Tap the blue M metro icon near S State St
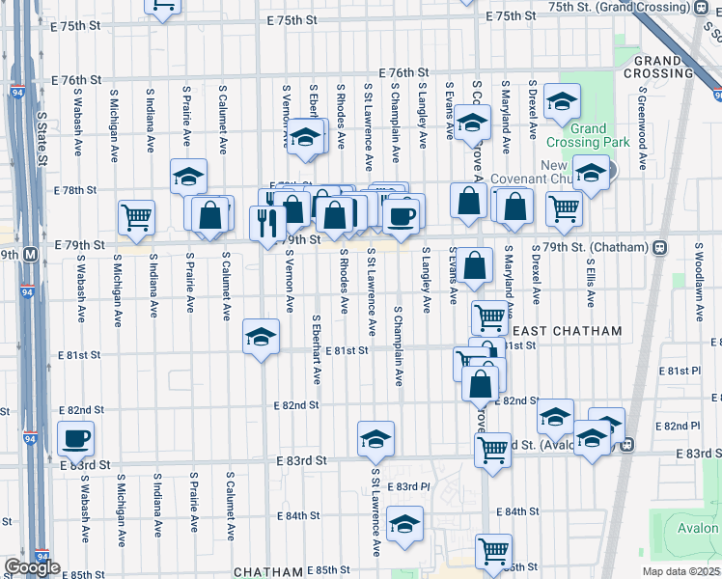pos(30,256)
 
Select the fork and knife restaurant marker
pos(266,223)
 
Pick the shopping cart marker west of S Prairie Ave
pos(137,216)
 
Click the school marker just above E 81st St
pos(260,337)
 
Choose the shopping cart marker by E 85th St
pos(493,551)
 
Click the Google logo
pos(32,567)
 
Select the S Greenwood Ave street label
pos(641,121)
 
